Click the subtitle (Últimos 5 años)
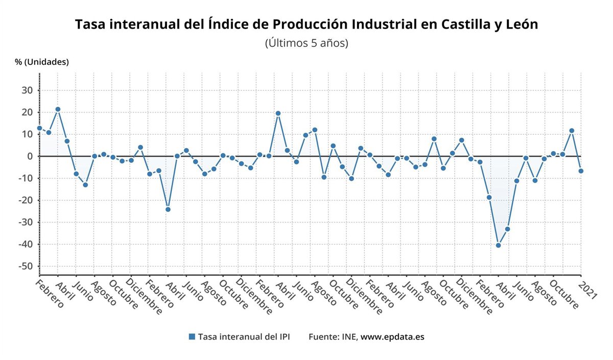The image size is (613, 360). [x=306, y=43]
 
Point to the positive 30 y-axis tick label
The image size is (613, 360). [x=26, y=90]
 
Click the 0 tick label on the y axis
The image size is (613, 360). [x=30, y=156]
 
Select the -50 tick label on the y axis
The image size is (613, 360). [x=25, y=267]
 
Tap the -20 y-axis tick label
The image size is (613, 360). [x=25, y=200]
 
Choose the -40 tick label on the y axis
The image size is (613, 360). [x=25, y=245]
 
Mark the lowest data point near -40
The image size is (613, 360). [x=498, y=245]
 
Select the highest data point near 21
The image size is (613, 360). [x=58, y=109]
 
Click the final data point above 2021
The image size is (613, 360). [x=581, y=171]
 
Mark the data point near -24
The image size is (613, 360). [x=168, y=209]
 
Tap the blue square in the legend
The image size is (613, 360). [x=192, y=337]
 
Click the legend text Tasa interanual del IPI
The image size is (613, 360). [x=244, y=337]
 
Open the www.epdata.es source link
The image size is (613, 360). [x=392, y=337]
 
